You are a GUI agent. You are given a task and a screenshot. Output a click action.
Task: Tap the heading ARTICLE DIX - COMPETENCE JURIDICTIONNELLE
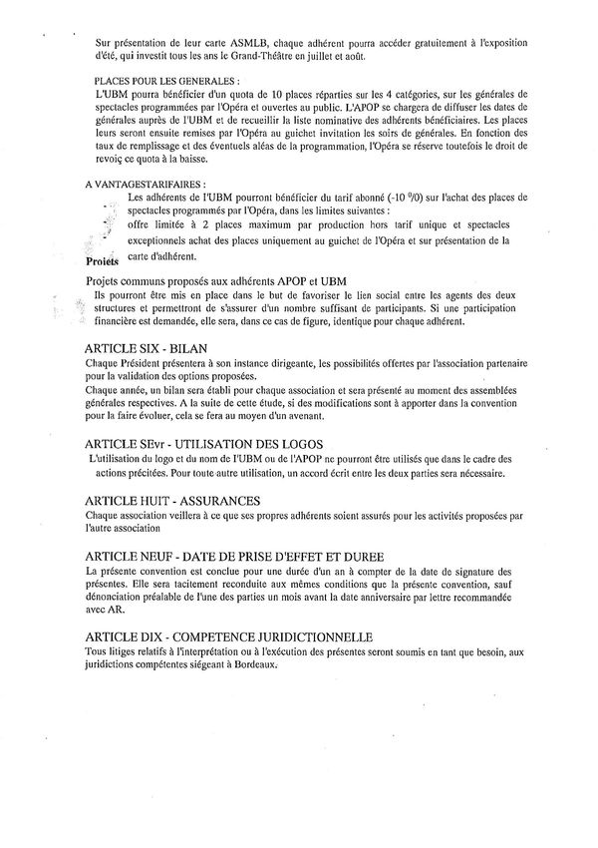pyautogui.click(x=229, y=636)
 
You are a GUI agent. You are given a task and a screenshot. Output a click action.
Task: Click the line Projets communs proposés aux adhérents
pyautogui.click(x=230, y=282)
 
